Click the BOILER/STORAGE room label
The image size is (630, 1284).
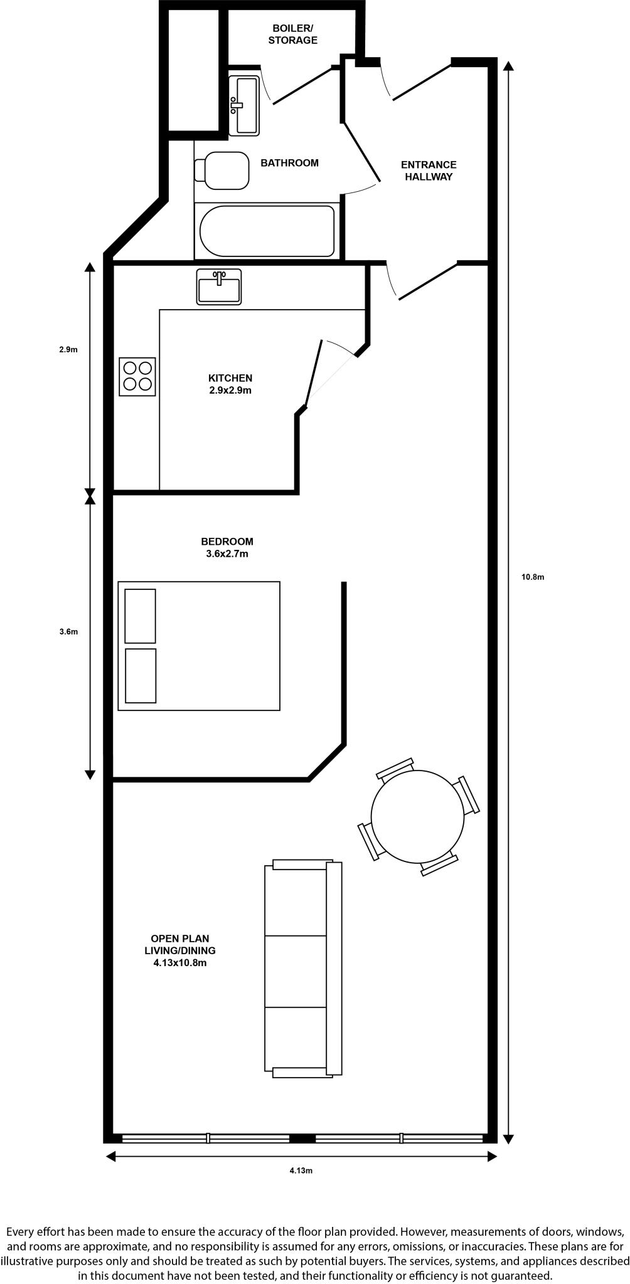click(x=293, y=34)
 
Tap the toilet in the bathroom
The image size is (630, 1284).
click(x=223, y=171)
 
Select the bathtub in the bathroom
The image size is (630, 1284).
click(x=267, y=231)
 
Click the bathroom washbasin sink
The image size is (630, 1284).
click(x=244, y=105)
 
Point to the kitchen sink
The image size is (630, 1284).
click(x=219, y=288)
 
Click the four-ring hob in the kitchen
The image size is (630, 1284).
click(x=137, y=377)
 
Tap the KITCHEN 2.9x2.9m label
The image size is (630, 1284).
click(x=230, y=384)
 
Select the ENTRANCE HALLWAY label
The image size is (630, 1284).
click(x=429, y=171)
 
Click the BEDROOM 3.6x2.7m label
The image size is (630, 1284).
click(x=227, y=547)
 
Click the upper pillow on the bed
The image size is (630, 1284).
click(x=140, y=616)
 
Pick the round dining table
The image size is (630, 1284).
click(x=417, y=816)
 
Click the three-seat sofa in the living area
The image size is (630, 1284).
click(x=303, y=969)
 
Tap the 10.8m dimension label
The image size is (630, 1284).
click(x=533, y=577)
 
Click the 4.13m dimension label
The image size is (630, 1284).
click(x=301, y=1171)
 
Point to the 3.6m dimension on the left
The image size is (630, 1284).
click(x=68, y=632)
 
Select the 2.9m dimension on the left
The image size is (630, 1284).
click(x=68, y=350)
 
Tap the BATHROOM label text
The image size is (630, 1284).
click(x=289, y=163)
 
